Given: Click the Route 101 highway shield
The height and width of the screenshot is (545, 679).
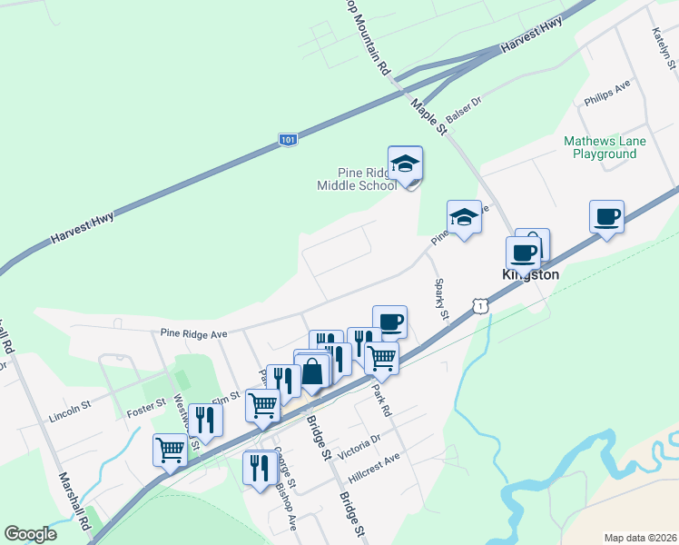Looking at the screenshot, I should pyautogui.click(x=287, y=140).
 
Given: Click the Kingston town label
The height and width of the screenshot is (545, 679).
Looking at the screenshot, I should pyautogui.click(x=531, y=273).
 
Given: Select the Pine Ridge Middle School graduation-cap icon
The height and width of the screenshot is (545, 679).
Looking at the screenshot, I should pyautogui.click(x=405, y=163).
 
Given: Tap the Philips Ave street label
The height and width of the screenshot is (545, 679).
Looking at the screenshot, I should pyautogui.click(x=607, y=93).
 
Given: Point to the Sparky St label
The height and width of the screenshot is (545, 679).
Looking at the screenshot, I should pyautogui.click(x=441, y=300).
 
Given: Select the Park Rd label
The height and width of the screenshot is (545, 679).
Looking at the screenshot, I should pyautogui.click(x=380, y=399).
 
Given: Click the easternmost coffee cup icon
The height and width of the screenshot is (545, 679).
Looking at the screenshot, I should pyautogui.click(x=606, y=217).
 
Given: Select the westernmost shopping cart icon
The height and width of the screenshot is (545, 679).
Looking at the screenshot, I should pyautogui.click(x=171, y=449).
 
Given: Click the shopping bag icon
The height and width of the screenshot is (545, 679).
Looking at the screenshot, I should pyautogui.click(x=312, y=372).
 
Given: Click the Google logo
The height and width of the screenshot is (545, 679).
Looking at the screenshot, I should pyautogui.click(x=31, y=534).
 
